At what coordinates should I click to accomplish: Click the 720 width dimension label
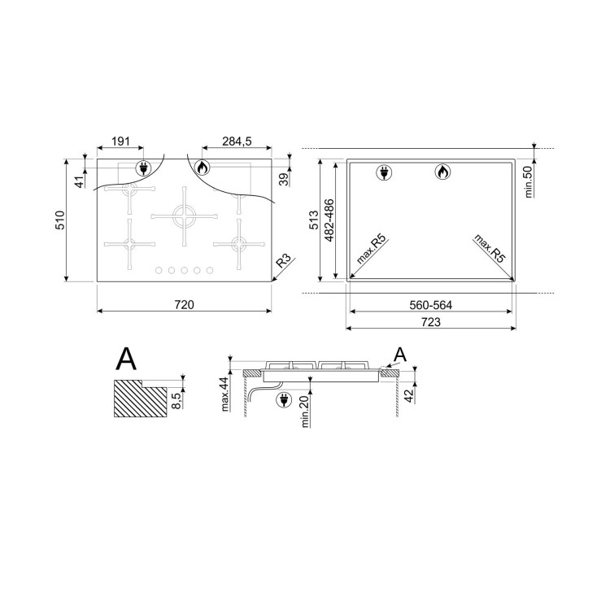pyautogui.click(x=184, y=305)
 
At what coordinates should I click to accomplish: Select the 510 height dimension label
pyautogui.click(x=60, y=220)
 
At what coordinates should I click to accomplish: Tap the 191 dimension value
pyautogui.click(x=120, y=142)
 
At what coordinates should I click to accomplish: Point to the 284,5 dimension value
pyautogui.click(x=237, y=142)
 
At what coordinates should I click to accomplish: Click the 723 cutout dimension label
pyautogui.click(x=431, y=322)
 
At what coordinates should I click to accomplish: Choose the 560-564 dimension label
pyautogui.click(x=430, y=305)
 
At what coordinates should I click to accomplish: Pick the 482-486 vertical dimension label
pyautogui.click(x=329, y=220)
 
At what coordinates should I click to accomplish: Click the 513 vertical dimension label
pyautogui.click(x=314, y=220)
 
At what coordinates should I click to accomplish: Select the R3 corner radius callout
pyautogui.click(x=284, y=260)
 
